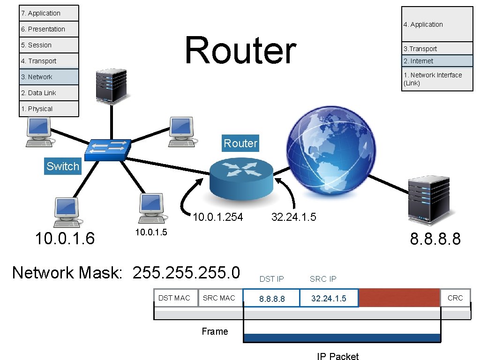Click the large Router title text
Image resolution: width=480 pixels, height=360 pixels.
tap(240, 51)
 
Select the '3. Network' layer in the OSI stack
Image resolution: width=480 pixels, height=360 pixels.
tap(49, 77)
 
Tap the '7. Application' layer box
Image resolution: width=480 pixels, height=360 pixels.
tap(49, 13)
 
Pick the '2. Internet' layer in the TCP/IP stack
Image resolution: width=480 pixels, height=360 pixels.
tap(437, 61)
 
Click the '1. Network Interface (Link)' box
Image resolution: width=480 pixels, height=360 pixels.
tap(437, 79)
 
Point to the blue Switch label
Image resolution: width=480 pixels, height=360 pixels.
tap(63, 166)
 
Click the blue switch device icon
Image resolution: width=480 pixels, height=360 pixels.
tap(108, 149)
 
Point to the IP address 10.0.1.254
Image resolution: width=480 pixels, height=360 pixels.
tap(218, 217)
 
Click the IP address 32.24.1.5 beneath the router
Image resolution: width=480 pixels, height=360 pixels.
tap(294, 217)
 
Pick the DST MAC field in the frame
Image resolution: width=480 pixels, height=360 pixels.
tap(174, 298)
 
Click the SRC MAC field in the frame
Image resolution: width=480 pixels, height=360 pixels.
tap(219, 298)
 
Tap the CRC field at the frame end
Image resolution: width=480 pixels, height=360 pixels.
tap(455, 298)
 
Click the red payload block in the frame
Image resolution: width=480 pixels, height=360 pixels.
tap(399, 298)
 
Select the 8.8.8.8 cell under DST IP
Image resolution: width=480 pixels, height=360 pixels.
tap(272, 299)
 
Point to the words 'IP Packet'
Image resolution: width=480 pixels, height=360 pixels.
tap(337, 356)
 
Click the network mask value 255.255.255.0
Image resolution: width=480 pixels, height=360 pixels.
tap(186, 272)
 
